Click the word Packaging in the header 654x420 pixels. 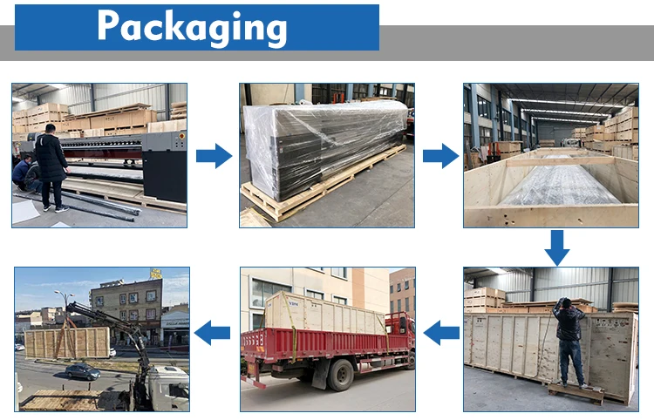(192, 27)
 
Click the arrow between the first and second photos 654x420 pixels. (213, 156)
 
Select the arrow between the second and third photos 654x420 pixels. (440, 156)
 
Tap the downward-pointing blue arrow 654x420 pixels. (556, 247)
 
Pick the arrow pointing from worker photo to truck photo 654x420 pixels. (441, 331)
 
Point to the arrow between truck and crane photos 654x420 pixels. (213, 331)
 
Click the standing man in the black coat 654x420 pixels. (51, 166)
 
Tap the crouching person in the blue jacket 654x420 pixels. (24, 174)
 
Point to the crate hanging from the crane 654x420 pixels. (66, 342)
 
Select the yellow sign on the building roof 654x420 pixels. (156, 274)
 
